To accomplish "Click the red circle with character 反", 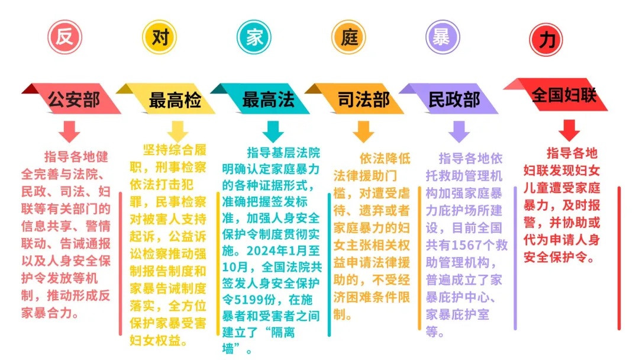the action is click(65, 37).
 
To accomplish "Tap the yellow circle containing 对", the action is click(159, 37).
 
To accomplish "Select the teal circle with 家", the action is click(254, 37).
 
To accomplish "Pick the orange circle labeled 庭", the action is click(348, 37).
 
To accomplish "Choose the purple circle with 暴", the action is click(443, 37).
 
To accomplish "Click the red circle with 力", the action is click(546, 40).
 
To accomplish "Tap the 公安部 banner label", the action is click(72, 99).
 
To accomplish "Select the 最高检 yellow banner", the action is click(166, 99).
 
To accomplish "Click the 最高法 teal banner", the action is click(261, 99).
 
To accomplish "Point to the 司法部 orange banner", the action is click(356, 99).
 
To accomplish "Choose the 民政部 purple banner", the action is click(449, 99).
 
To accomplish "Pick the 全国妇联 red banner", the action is click(556, 95).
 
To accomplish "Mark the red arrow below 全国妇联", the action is click(569, 130).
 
